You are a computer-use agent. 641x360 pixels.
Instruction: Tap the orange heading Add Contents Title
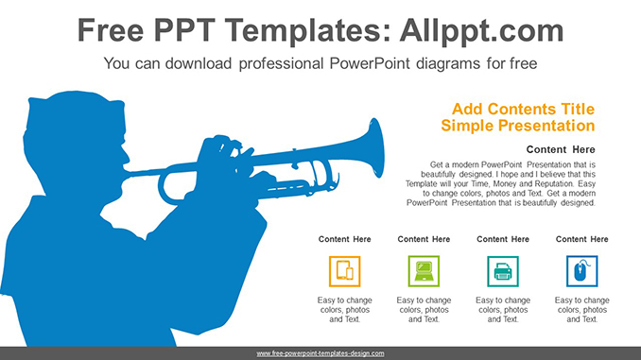point(524,109)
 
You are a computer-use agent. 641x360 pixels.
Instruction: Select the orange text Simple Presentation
point(517,126)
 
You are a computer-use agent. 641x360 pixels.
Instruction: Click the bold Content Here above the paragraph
point(561,149)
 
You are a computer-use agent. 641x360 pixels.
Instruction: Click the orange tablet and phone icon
point(344,272)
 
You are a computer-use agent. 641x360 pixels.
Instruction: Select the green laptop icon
point(424,272)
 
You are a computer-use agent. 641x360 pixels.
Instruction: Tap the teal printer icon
point(502,272)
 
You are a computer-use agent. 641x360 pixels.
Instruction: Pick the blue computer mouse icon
point(581,272)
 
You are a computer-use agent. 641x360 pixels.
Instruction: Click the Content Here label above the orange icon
point(344,239)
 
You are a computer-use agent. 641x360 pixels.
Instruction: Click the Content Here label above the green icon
point(424,239)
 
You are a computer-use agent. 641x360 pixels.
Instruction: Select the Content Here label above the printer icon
point(502,239)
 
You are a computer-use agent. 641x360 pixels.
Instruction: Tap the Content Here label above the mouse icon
point(581,239)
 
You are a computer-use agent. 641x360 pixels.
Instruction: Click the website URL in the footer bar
point(320,352)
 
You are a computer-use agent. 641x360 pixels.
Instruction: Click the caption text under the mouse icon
point(581,309)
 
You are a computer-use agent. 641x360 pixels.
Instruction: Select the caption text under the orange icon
point(344,309)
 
